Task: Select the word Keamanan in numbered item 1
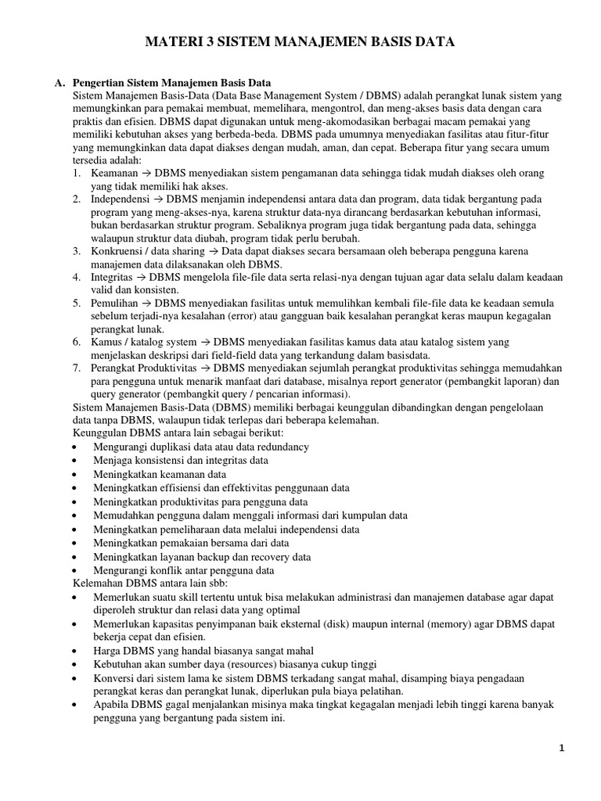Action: click(113, 172)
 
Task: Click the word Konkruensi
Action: click(120, 251)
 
